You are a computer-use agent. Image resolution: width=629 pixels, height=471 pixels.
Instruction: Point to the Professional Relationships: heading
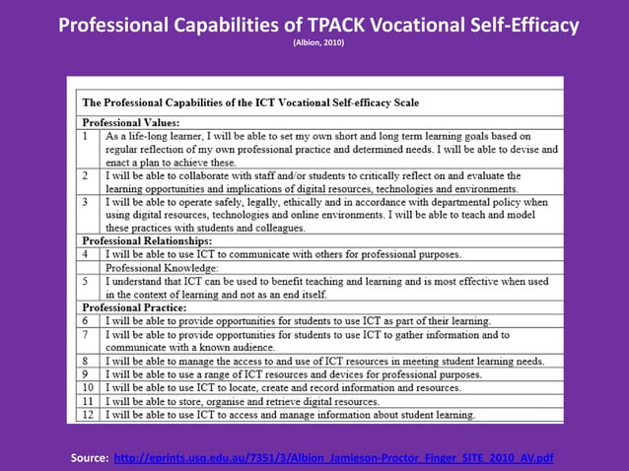point(147,240)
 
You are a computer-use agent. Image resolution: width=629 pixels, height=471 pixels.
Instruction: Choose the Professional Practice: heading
point(134,307)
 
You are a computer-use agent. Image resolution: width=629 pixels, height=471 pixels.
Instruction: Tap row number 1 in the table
point(86,135)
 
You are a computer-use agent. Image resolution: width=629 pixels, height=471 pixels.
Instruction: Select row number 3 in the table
point(86,201)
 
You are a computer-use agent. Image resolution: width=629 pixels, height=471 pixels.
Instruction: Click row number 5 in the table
point(86,281)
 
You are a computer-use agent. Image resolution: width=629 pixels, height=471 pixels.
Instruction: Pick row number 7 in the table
point(86,334)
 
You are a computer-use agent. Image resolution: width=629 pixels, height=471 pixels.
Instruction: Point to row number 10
point(88,387)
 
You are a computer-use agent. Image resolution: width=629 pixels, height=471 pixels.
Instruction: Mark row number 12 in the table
point(88,415)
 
